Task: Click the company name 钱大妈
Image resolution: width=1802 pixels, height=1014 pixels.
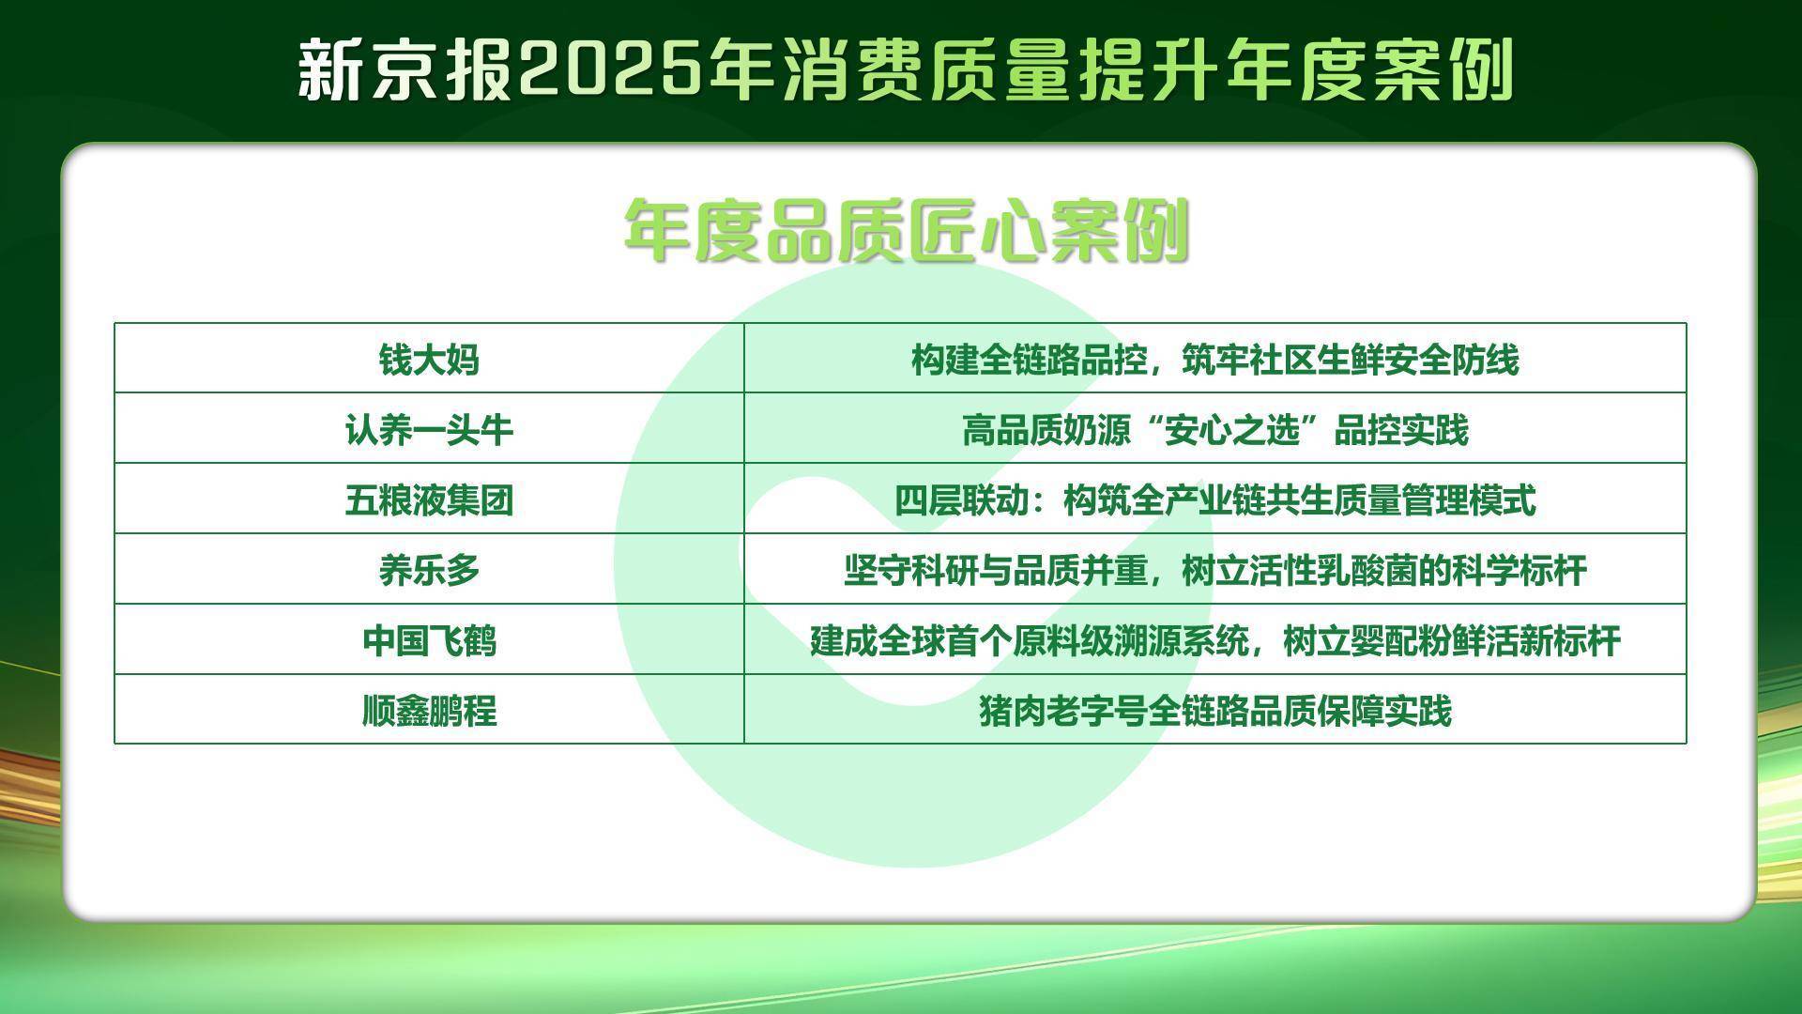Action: pos(429,360)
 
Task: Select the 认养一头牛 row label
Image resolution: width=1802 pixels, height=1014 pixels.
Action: pos(429,430)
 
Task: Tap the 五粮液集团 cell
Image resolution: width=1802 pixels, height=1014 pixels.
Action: pos(429,500)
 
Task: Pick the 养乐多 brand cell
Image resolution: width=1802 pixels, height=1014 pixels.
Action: pos(429,570)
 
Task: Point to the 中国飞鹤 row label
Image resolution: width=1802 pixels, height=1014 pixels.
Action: pos(429,641)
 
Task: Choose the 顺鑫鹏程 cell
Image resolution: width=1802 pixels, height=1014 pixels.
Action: pos(429,711)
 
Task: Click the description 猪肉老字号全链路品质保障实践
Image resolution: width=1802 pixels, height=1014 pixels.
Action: pos(1215,711)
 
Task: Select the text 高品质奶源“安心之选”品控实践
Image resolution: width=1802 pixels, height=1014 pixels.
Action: pos(1215,430)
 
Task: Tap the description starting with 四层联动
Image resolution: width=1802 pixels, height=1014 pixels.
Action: pos(1215,500)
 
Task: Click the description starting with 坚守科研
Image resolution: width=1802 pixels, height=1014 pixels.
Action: pos(1215,570)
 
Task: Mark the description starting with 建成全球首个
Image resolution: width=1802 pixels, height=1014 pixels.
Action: pos(1215,641)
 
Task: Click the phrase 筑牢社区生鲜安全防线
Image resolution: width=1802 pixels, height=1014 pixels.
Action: pos(1351,360)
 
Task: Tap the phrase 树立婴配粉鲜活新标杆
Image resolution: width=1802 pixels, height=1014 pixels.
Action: pos(1452,641)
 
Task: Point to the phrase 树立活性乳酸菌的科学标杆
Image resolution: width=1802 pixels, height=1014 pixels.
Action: pos(1384,570)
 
